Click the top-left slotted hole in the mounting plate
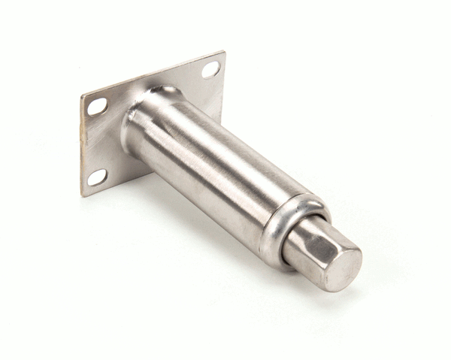pos(97,107)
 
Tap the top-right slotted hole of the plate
pos(211,70)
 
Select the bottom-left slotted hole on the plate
pos(98,177)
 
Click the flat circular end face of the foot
pos(344,265)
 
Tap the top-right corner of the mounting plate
pos(224,52)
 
